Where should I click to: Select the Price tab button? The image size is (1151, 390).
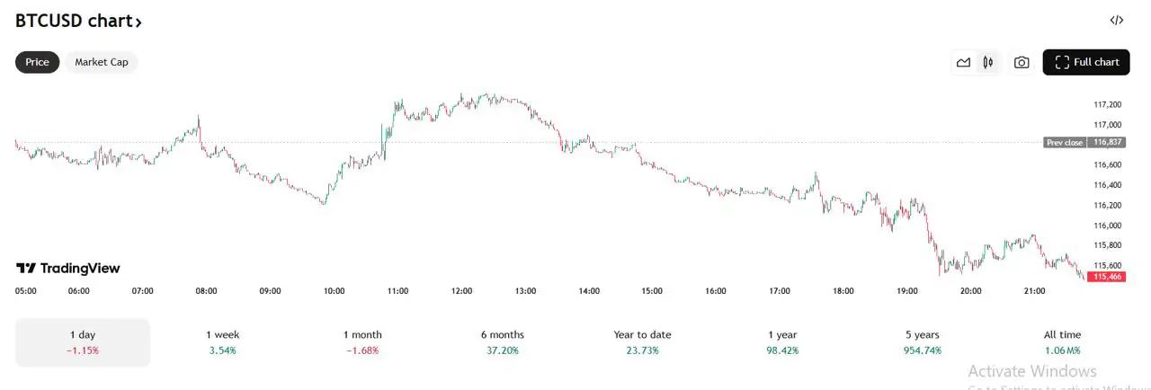pos(37,62)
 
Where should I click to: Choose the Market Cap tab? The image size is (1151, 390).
pos(101,62)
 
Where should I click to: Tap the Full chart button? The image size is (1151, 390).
pos(1086,62)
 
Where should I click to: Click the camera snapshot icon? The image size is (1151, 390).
pos(1022,62)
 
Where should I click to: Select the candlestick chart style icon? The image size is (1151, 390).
pos(988,62)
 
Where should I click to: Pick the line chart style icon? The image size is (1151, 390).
pos(963,62)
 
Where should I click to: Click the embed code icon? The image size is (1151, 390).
pos(1116,20)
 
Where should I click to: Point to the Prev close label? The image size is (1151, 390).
pos(1065,143)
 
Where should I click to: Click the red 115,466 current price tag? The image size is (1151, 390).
pos(1107,277)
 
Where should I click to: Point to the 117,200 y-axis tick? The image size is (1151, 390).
pos(1107,105)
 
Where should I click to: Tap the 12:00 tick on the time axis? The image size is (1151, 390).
pos(461,291)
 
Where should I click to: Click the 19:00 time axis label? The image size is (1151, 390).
pos(906,291)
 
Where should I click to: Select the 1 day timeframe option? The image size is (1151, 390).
pos(82,342)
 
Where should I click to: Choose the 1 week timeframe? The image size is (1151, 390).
pos(222,342)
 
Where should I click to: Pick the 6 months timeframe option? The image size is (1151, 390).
pos(502,342)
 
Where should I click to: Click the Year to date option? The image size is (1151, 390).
pos(642,342)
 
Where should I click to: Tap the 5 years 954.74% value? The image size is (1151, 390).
pos(922,350)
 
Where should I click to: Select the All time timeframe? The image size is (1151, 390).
pos(1062,342)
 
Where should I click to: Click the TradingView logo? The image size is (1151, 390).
pos(68,269)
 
